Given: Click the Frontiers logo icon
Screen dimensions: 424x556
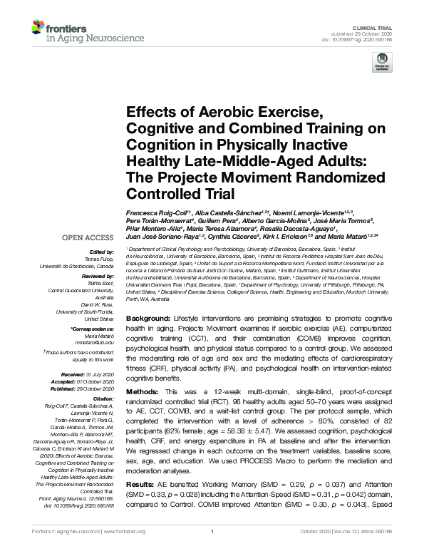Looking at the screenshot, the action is [37, 28].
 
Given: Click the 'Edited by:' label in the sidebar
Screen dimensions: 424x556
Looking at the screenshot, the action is [100, 252].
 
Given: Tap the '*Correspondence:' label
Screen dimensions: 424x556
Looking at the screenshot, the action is [92, 327].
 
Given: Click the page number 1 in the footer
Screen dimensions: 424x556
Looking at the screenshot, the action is [212, 551].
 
